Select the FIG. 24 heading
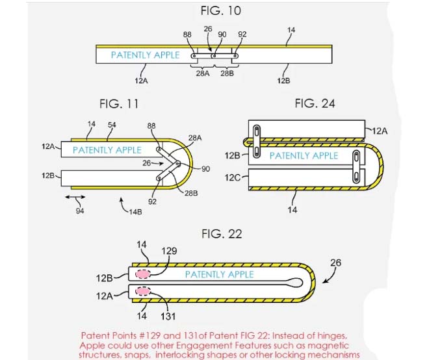click(315, 103)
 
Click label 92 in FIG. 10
click(242, 35)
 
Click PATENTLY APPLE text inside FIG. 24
click(304, 156)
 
